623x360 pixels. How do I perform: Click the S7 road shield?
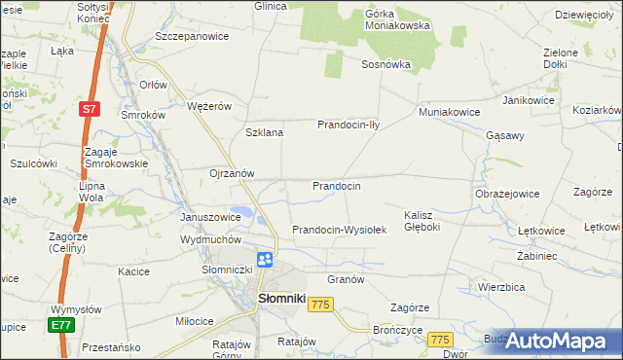coord(89,110)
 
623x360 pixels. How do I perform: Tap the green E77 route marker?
coord(62,325)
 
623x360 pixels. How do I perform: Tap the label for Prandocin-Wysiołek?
coord(340,230)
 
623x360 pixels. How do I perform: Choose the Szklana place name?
coord(265,132)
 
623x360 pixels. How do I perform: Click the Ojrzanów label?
coord(232,173)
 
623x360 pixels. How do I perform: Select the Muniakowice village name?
coord(449,112)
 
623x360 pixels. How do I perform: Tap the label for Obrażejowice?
coord(507,194)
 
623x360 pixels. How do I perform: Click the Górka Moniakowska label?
coord(397,19)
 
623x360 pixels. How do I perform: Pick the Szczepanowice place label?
coord(192,36)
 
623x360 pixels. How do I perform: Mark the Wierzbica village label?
coord(501,287)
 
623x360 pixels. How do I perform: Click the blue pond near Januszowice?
coord(244,211)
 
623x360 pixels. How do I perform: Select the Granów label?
coord(346,278)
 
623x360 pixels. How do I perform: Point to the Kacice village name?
coord(133,271)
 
